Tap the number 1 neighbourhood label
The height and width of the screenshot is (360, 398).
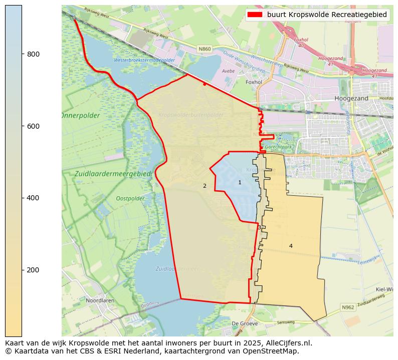pos(240,183)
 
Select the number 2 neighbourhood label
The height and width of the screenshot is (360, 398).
pos(205,186)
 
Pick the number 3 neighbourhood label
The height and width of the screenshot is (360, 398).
pos(259,228)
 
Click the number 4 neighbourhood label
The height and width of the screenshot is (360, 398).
pos(291,246)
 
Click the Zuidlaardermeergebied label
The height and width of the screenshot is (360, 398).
pos(113,173)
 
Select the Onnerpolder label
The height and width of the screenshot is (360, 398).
pos(80,116)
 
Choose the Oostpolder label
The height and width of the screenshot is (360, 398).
pos(130,198)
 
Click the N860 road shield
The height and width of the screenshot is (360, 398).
pos(205,49)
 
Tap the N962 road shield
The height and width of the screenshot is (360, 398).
pos(348,307)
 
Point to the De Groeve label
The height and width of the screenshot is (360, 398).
pos(241,323)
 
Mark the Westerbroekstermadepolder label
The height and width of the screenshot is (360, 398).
pos(144,60)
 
